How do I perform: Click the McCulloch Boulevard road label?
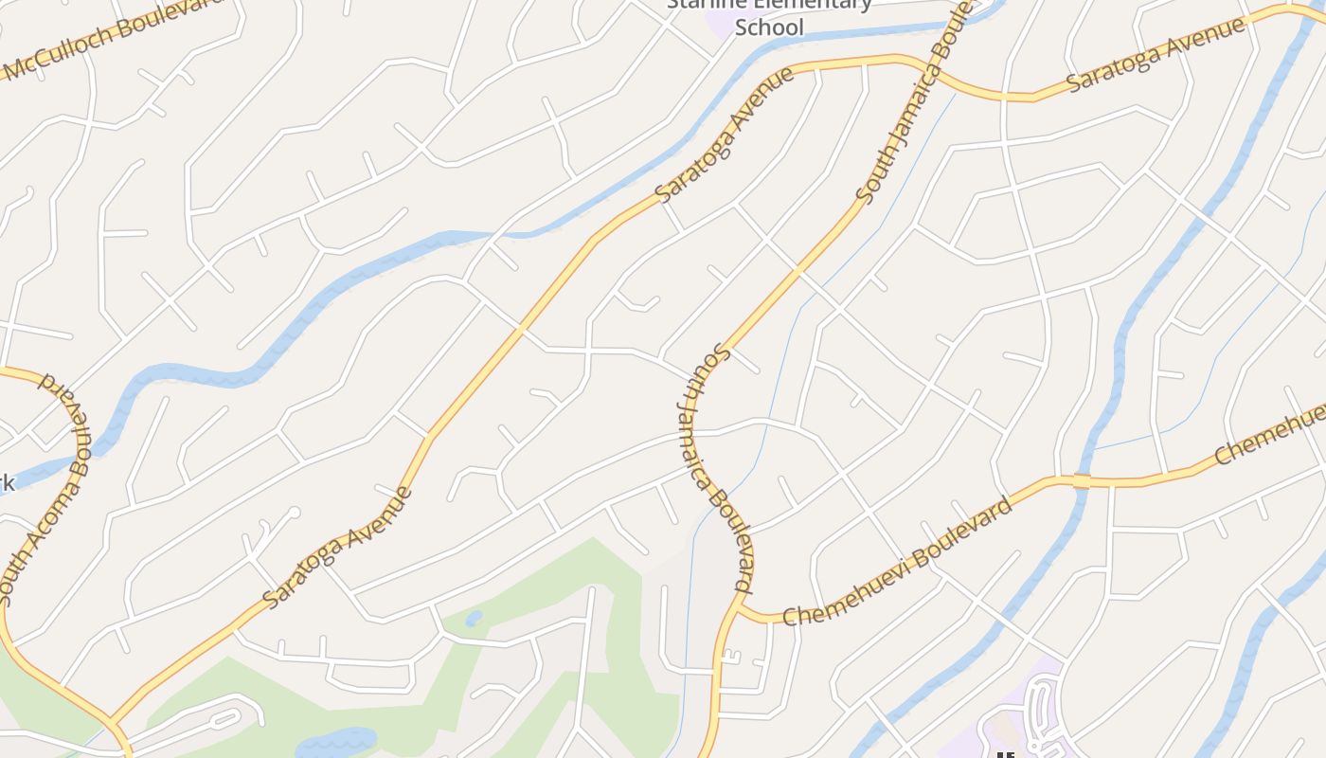pyautogui.click(x=114, y=38)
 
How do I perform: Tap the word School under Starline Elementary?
pyautogui.click(x=769, y=27)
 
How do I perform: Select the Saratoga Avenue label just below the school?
pyautogui.click(x=726, y=134)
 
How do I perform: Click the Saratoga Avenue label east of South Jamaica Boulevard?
pyautogui.click(x=1156, y=54)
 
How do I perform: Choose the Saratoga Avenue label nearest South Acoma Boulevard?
pyautogui.click(x=337, y=548)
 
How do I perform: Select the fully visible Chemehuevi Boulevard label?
pyautogui.click(x=897, y=561)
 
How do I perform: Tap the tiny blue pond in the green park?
pyautogui.click(x=474, y=619)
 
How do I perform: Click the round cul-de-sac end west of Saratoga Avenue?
pyautogui.click(x=295, y=513)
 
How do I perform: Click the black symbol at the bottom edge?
pyautogui.click(x=1005, y=754)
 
